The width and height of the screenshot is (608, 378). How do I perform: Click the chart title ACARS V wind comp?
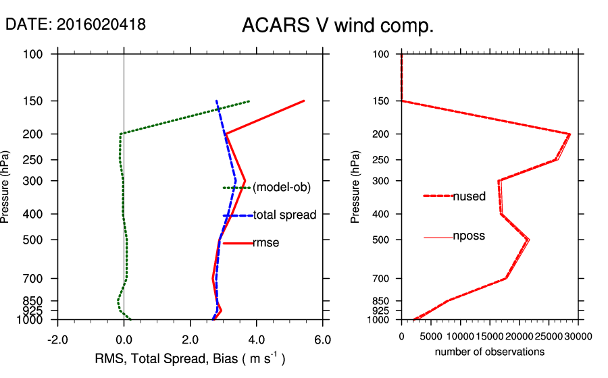[338, 26]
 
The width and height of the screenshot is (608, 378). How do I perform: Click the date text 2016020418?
[101, 25]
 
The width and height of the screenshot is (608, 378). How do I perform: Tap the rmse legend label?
[266, 243]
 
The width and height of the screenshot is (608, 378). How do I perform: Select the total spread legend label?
[284, 215]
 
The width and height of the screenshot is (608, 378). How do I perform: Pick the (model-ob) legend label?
[282, 188]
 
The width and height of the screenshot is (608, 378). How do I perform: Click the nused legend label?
[469, 196]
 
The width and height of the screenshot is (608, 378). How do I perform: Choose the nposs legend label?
[469, 236]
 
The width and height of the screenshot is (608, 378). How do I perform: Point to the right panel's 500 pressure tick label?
[381, 240]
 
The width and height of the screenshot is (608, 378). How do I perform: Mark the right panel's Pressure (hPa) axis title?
[355, 186]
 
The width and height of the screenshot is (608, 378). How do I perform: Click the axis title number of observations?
[490, 352]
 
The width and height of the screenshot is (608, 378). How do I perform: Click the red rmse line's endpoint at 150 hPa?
[304, 101]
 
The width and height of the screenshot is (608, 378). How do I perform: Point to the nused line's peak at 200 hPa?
[570, 134]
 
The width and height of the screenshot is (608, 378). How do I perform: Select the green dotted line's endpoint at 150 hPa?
[250, 101]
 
